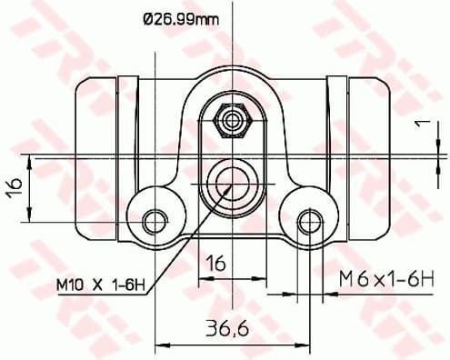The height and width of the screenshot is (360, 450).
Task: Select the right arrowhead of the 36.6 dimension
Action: click(305, 344)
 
